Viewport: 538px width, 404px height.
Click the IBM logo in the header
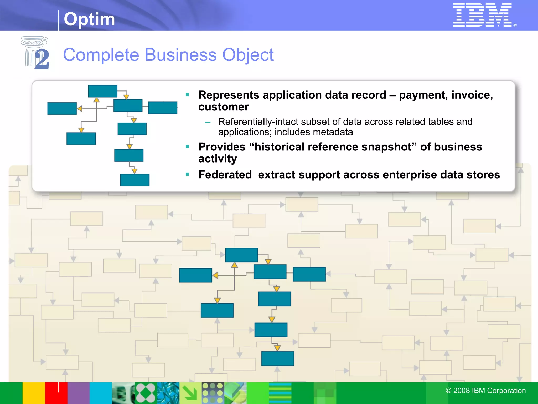483,15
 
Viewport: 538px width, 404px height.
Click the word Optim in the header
89,19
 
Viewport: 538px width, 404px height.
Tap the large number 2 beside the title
42,59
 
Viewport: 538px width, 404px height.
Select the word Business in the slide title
181,55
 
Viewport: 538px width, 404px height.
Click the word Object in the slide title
248,55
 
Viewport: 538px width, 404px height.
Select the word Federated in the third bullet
225,175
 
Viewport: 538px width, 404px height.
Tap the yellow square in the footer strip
34,393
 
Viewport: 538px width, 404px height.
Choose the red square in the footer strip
56,393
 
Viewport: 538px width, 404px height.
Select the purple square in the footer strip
79,393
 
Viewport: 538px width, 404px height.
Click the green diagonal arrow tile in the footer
190,393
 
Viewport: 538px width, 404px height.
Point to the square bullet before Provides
188,147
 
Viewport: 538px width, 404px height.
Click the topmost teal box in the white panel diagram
103,91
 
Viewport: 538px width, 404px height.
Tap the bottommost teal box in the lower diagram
278,358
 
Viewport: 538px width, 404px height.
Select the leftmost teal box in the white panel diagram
62,109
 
